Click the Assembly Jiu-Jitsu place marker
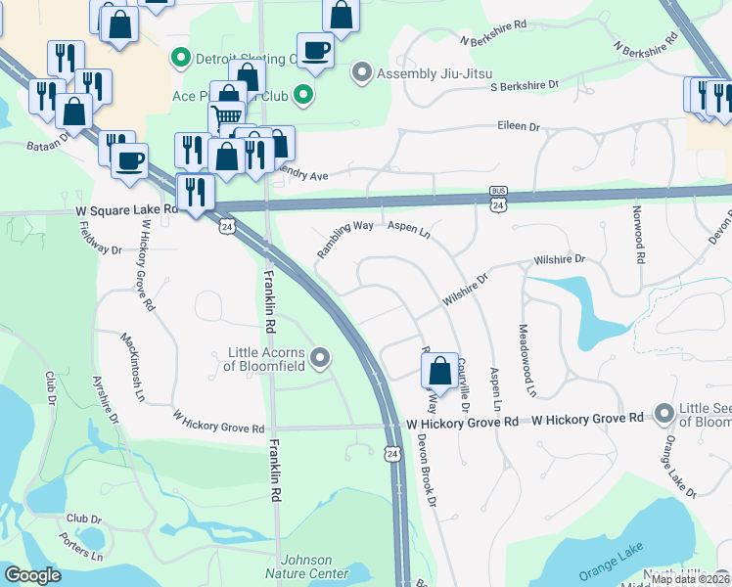click(x=362, y=73)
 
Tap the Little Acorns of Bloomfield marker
click(x=320, y=359)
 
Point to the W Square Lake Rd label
click(x=124, y=209)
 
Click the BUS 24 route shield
click(x=498, y=200)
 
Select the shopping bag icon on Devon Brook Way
click(x=439, y=370)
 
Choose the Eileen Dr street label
click(x=520, y=126)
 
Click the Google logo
click(x=32, y=575)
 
